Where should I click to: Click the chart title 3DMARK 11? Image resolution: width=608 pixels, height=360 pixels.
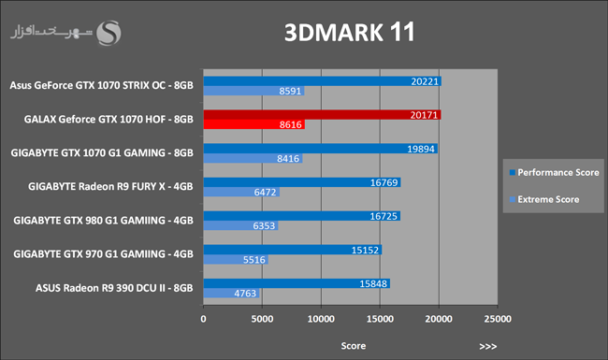(x=350, y=32)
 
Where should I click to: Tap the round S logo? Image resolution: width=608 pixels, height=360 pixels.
(x=109, y=33)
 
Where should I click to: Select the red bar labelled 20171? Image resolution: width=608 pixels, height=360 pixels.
(x=322, y=115)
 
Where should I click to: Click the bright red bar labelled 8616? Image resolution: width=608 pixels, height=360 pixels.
(x=254, y=124)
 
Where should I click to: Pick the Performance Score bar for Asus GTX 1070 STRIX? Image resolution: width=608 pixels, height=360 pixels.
(x=323, y=81)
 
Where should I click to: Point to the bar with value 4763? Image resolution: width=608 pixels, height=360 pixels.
(x=231, y=294)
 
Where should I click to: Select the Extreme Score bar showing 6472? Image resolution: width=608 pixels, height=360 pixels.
(x=241, y=192)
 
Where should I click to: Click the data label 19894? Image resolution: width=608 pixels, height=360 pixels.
(x=421, y=150)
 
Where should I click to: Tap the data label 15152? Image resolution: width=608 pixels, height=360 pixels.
(x=365, y=251)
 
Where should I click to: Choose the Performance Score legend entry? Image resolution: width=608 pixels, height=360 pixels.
(x=555, y=172)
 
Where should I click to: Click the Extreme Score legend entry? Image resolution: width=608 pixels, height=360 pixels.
(x=544, y=199)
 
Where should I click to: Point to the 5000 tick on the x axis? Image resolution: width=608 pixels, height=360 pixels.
(x=262, y=319)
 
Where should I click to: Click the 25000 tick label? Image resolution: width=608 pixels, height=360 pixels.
(x=498, y=319)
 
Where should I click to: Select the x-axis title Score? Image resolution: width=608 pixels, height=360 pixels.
(x=354, y=346)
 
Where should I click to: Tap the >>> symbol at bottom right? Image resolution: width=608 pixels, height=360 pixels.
(x=487, y=346)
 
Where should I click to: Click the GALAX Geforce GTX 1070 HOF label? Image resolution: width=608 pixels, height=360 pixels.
(x=109, y=119)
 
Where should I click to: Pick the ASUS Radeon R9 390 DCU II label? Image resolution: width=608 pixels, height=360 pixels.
(x=114, y=288)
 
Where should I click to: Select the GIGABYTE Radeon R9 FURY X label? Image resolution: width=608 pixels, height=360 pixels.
(x=110, y=186)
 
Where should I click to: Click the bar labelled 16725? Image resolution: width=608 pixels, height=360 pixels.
(x=302, y=216)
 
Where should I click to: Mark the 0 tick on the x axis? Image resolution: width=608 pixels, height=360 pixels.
(x=204, y=319)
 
